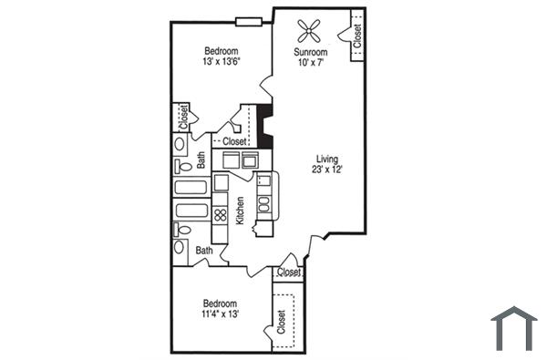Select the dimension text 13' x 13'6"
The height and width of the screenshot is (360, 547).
[222, 62]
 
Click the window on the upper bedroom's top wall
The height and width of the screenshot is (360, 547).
[248, 22]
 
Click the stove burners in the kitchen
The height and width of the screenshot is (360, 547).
[220, 216]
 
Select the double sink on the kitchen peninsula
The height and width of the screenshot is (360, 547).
[263, 192]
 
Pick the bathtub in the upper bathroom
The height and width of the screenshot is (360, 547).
[191, 188]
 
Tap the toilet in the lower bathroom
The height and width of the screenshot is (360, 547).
[181, 249]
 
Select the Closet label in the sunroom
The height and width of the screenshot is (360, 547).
[356, 35]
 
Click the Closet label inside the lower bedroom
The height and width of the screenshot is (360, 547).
[281, 321]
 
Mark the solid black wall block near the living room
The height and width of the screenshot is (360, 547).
[265, 127]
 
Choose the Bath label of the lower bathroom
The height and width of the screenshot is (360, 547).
[204, 250]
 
